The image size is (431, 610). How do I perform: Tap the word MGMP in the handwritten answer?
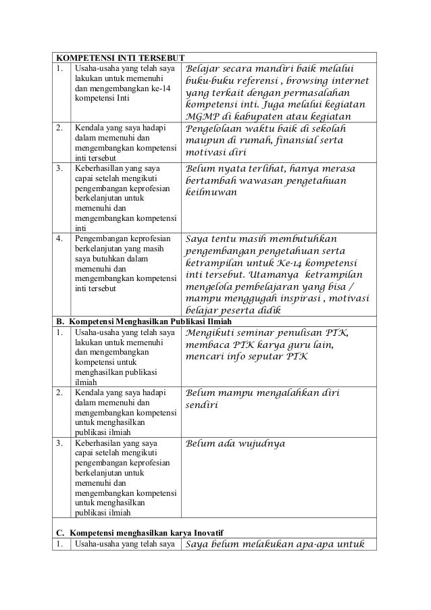click(x=201, y=118)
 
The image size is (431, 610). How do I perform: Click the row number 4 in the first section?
click(x=60, y=238)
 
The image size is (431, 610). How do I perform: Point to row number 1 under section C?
click(x=60, y=546)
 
